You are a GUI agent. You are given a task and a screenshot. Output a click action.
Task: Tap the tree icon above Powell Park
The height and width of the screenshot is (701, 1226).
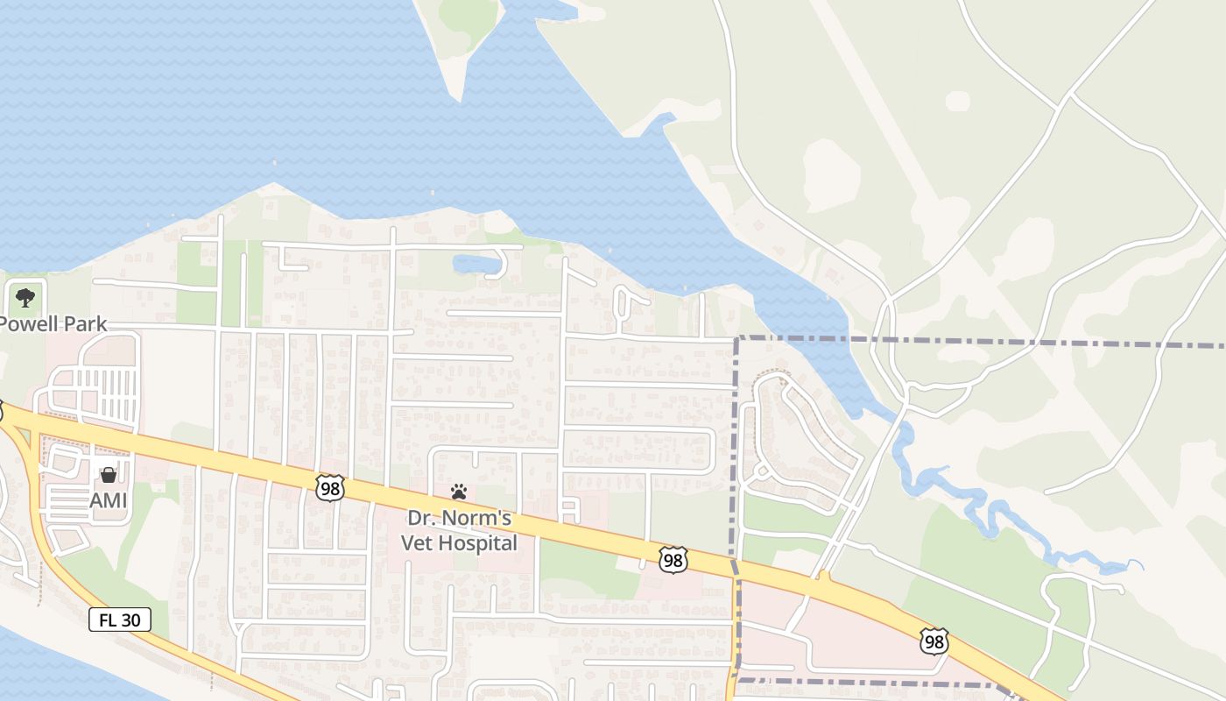pyautogui.click(x=25, y=297)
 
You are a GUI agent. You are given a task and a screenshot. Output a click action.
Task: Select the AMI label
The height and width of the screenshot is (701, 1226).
pyautogui.click(x=109, y=500)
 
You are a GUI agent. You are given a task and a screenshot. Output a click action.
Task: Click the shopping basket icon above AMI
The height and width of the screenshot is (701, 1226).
pyautogui.click(x=109, y=475)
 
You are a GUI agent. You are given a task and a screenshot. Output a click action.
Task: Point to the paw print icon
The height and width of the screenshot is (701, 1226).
pyautogui.click(x=459, y=492)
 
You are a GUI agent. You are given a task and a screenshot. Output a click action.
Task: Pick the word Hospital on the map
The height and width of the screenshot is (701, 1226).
pyautogui.click(x=479, y=543)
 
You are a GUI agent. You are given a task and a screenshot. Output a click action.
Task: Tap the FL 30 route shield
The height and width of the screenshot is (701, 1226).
pyautogui.click(x=120, y=620)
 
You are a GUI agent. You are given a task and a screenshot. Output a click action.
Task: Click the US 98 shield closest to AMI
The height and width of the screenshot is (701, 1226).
pyautogui.click(x=330, y=488)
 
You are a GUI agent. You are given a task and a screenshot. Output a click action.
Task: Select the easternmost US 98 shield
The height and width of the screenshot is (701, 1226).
pyautogui.click(x=934, y=641)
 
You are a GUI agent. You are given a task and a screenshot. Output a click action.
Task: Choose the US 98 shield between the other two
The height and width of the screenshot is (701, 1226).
pyautogui.click(x=673, y=560)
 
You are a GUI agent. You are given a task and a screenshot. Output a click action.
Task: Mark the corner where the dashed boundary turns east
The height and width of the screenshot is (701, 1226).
pyautogui.click(x=737, y=338)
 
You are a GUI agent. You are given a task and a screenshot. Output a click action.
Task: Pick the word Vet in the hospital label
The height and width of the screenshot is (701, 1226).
pyautogui.click(x=418, y=543)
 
